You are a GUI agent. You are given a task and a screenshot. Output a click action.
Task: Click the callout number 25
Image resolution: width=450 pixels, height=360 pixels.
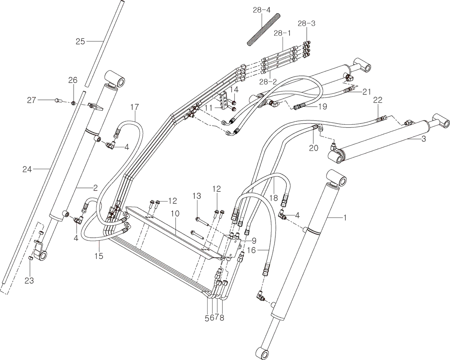pyautogui.click(x=80, y=41)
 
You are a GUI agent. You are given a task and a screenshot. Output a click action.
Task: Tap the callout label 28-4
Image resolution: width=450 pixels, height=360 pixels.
pyautogui.click(x=262, y=10)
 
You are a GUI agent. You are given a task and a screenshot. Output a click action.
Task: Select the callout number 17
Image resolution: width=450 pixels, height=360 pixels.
pyautogui.click(x=135, y=107)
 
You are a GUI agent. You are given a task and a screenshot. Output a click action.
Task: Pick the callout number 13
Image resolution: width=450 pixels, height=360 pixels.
pyautogui.click(x=197, y=196)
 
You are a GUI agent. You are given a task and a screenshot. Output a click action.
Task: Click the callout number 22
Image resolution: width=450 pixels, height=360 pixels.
pyautogui.click(x=378, y=100)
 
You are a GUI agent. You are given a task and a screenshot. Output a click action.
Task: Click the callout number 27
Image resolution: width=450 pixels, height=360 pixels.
pyautogui.click(x=31, y=100)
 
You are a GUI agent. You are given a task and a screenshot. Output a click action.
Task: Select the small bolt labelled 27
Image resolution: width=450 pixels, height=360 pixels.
pyautogui.click(x=58, y=100)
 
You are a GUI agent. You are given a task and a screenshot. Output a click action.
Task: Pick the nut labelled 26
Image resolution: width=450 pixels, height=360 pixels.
pyautogui.click(x=73, y=103)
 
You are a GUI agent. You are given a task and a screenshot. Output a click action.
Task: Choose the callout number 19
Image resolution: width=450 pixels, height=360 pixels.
pyautogui.click(x=322, y=107)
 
